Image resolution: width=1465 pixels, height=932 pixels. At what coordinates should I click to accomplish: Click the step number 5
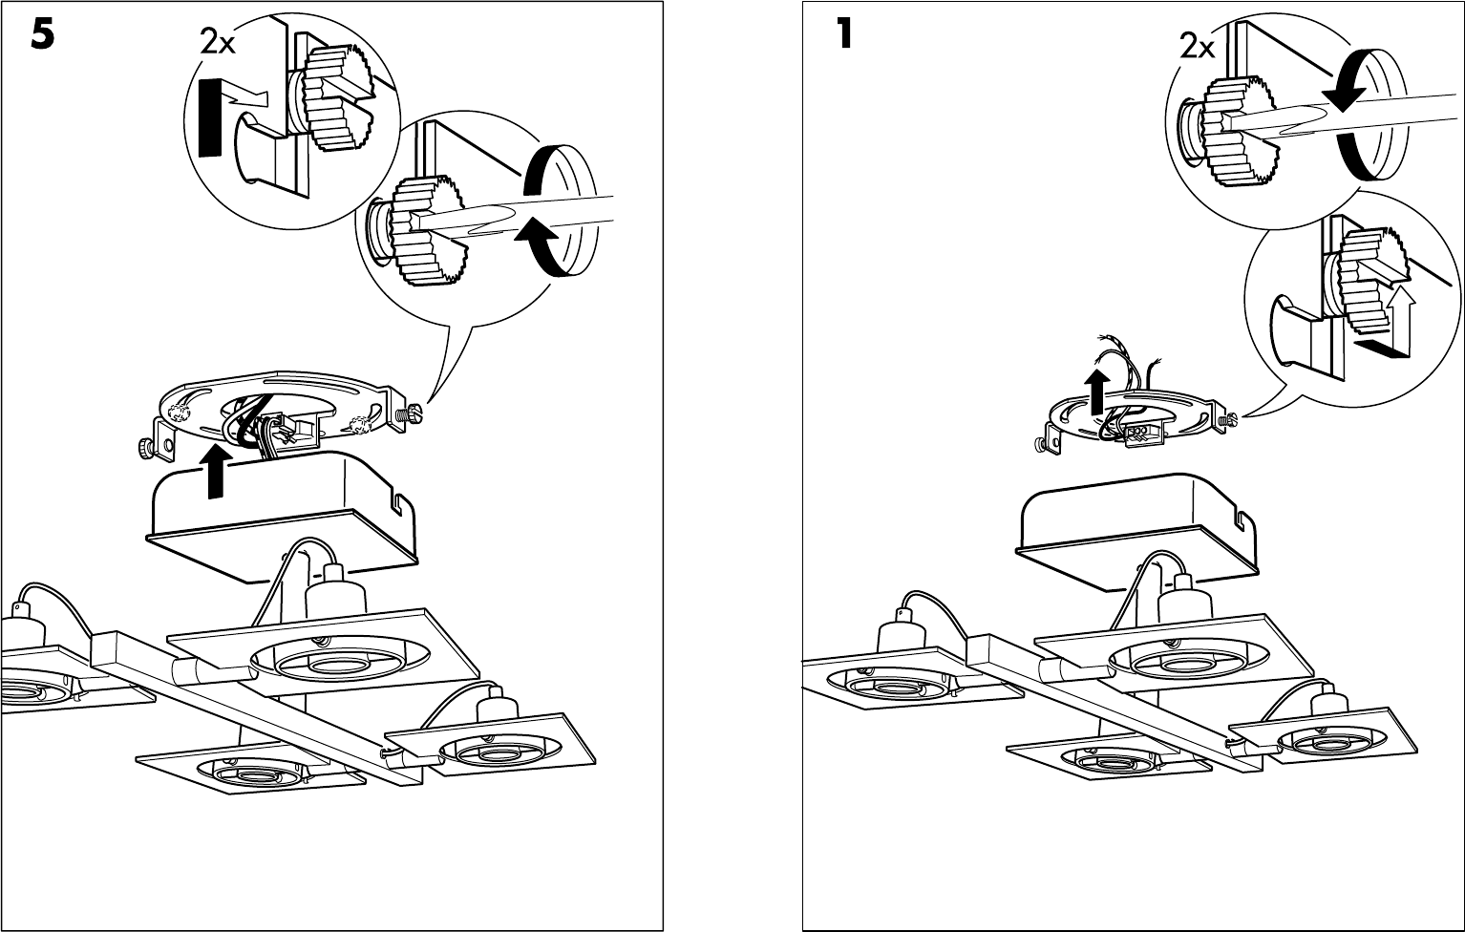click(42, 35)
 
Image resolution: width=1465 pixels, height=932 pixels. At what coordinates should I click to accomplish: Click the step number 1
click(843, 35)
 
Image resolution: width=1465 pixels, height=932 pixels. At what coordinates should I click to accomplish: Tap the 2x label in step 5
click(218, 41)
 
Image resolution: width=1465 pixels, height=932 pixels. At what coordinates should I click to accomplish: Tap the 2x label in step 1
click(1198, 45)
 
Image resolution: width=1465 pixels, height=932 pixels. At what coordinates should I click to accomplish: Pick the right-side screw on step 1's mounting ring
click(1229, 418)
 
